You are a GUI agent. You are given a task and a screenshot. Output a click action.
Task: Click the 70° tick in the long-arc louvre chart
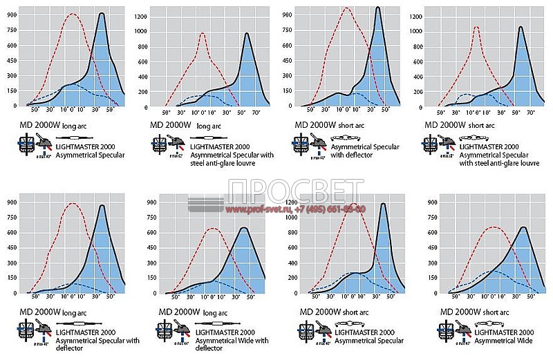point(256,113)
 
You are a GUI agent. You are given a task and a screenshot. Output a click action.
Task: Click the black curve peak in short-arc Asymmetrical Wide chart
point(524,227)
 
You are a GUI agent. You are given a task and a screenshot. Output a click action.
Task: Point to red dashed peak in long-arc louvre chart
point(202,33)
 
